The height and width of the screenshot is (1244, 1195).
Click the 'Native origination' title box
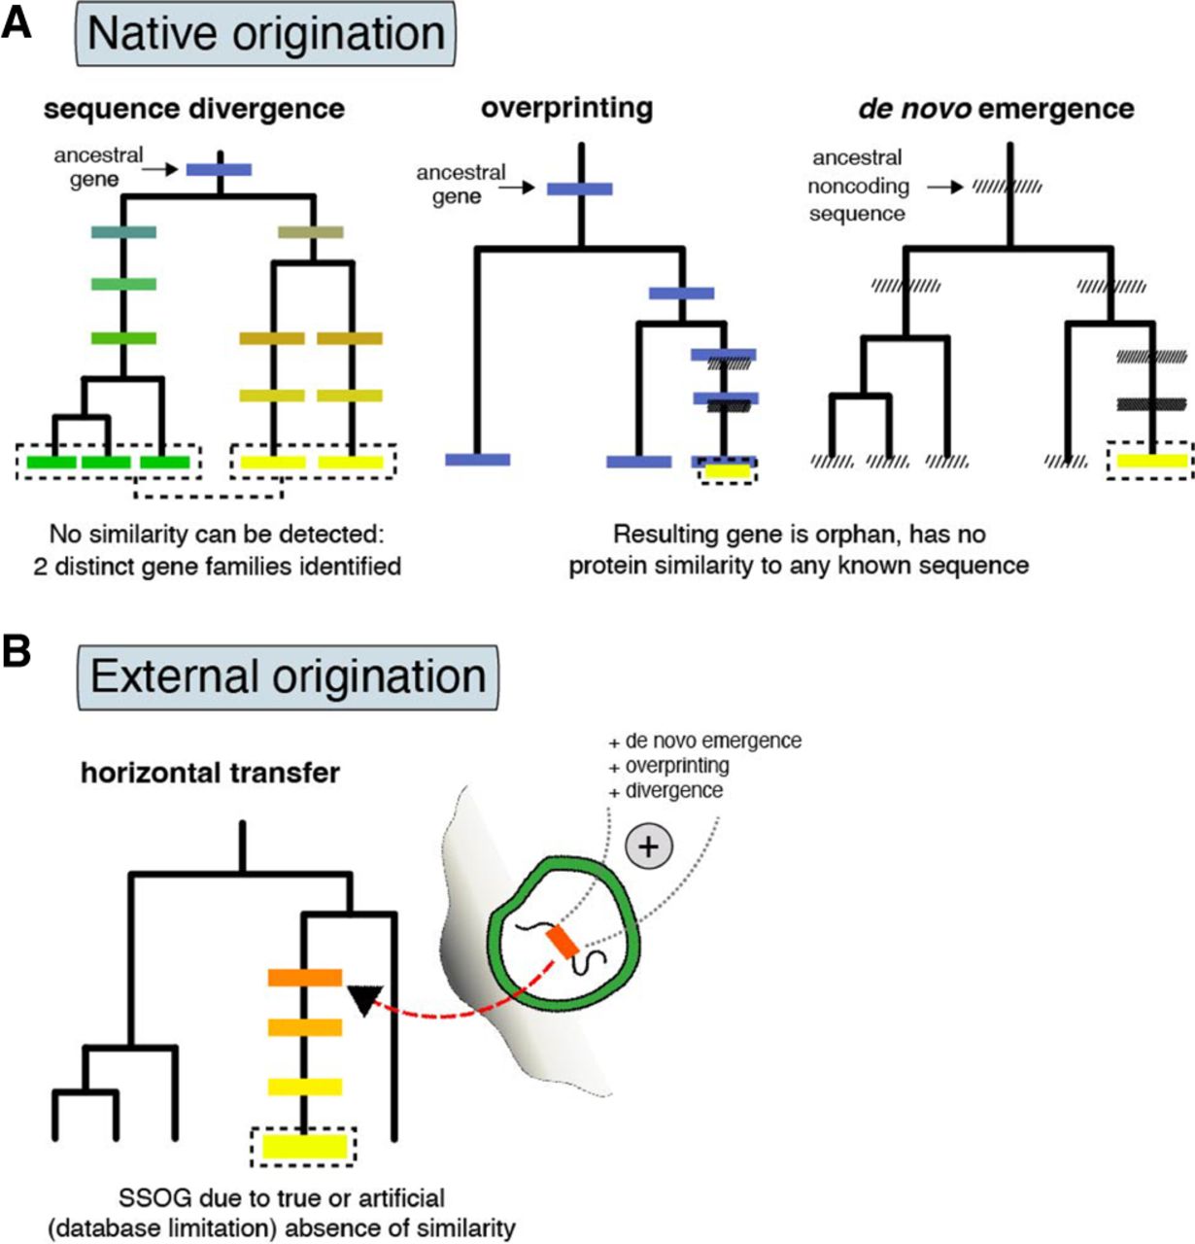pyautogui.click(x=265, y=33)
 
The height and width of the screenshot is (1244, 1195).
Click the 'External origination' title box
pyautogui.click(x=288, y=676)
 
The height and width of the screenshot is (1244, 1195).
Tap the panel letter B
pyautogui.click(x=17, y=652)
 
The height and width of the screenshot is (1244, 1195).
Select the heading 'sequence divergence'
pyautogui.click(x=193, y=109)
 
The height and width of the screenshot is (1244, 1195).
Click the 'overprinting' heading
pyautogui.click(x=566, y=108)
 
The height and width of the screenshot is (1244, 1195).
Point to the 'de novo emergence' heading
pyautogui.click(x=996, y=109)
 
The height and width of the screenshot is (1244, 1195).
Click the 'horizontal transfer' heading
pyautogui.click(x=210, y=773)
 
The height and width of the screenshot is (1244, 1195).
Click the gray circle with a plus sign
pyautogui.click(x=647, y=847)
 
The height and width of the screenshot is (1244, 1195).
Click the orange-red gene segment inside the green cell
pyautogui.click(x=562, y=941)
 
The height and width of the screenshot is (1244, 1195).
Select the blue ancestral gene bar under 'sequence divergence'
pyautogui.click(x=220, y=170)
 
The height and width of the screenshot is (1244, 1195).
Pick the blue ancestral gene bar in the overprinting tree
pyautogui.click(x=580, y=189)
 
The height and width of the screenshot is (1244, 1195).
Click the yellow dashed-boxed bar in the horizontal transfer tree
pyautogui.click(x=304, y=1146)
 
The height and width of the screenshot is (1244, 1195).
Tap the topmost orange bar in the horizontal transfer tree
pyautogui.click(x=304, y=978)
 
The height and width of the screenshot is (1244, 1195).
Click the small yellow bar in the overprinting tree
pyautogui.click(x=727, y=472)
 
